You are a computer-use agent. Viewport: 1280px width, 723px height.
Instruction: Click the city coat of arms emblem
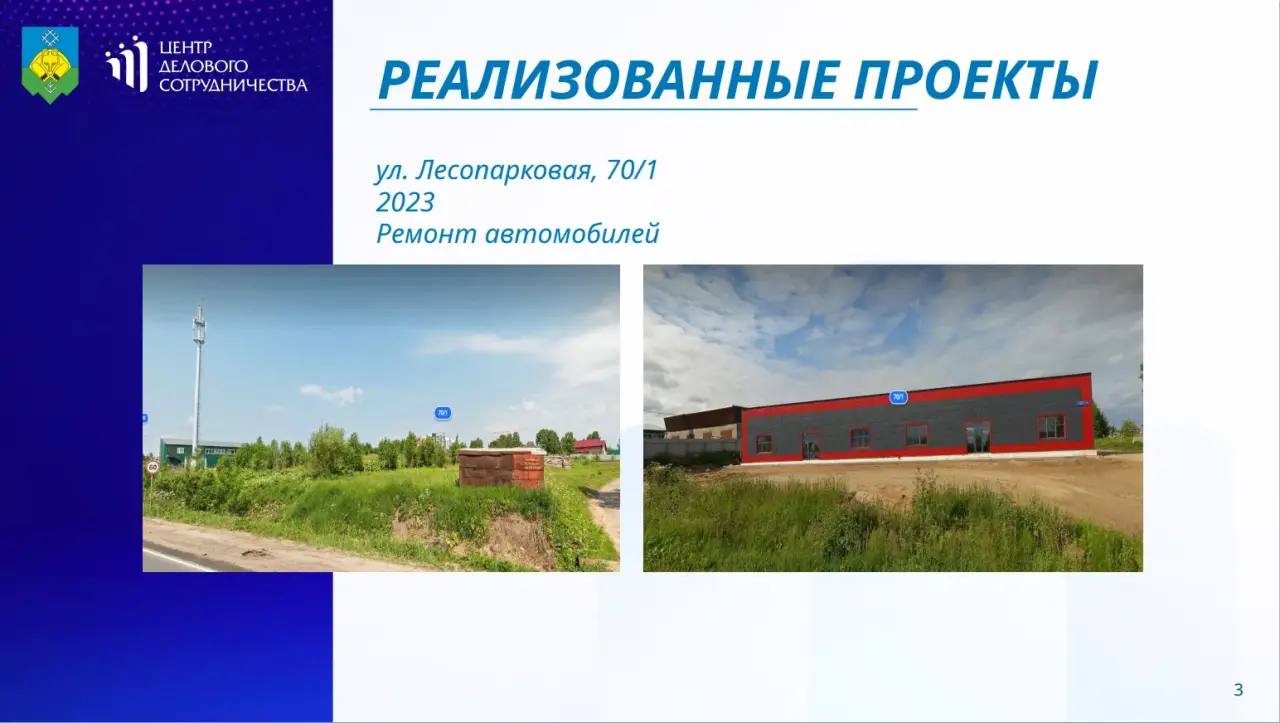pos(50,65)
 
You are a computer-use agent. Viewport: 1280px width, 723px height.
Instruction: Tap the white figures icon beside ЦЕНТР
pos(127,63)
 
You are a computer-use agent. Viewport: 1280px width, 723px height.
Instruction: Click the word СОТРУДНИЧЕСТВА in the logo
pos(233,85)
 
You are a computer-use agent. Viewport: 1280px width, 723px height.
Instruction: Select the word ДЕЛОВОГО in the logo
pos(203,66)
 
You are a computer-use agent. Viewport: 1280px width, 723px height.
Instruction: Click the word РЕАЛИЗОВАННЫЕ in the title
pos(609,80)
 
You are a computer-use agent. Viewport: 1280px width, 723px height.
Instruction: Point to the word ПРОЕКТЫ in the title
pos(976,80)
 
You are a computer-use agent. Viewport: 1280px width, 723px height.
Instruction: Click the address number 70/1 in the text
pos(632,170)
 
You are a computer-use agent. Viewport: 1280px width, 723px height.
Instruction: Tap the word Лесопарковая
pos(505,171)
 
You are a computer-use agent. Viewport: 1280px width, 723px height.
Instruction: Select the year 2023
pos(405,202)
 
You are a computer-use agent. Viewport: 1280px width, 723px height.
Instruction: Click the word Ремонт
pos(426,234)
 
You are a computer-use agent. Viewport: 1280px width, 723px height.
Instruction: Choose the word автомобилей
pos(572,234)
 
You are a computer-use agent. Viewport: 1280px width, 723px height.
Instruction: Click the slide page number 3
pos(1238,690)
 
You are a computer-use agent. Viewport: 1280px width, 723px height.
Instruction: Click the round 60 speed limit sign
pos(153,468)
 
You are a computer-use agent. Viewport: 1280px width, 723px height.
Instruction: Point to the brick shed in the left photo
pos(501,468)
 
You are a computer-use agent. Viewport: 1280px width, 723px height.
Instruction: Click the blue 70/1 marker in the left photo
pos(442,413)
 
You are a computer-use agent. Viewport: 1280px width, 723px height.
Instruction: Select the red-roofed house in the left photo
pos(591,446)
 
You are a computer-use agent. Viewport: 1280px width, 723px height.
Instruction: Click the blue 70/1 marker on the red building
pos(898,397)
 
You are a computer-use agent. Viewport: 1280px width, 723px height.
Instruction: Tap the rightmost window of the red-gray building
pos(1051,428)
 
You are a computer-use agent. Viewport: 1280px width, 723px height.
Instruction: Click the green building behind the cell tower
pos(199,452)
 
